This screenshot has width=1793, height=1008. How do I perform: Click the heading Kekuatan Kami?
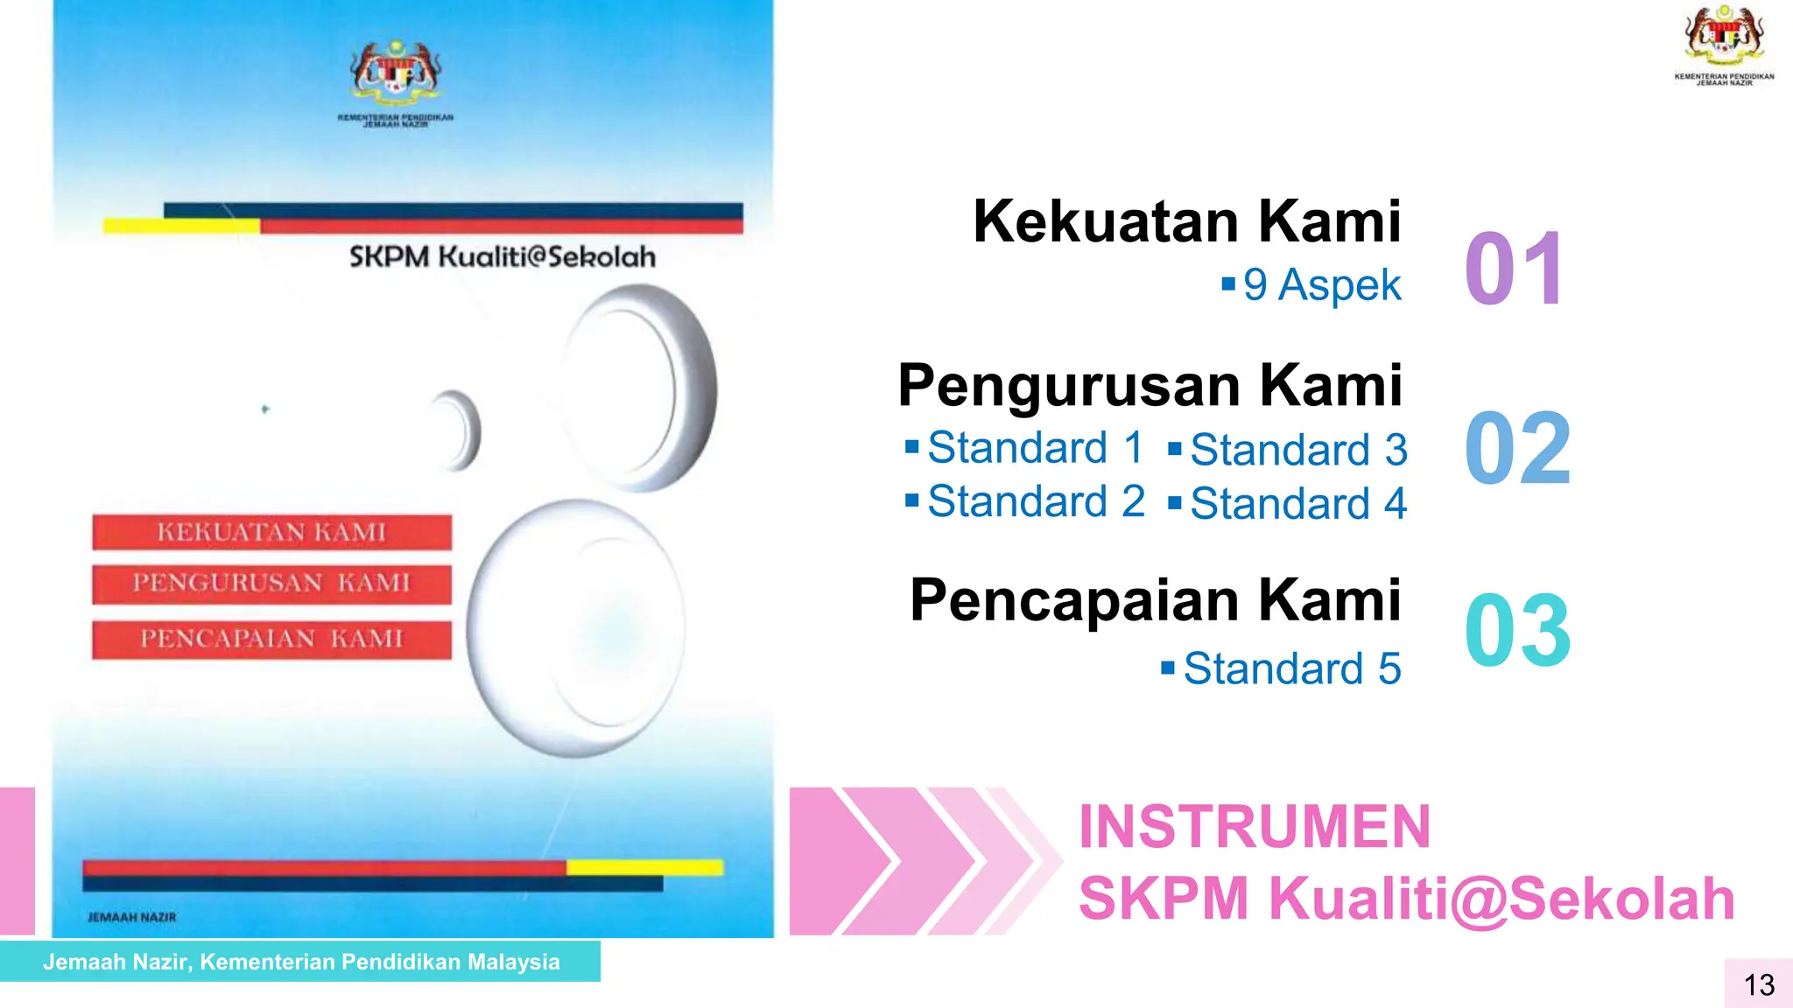pyautogui.click(x=1186, y=221)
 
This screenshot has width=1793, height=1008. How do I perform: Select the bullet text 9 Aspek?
pyautogui.click(x=1321, y=284)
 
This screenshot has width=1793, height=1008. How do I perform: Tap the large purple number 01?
pyautogui.click(x=1515, y=269)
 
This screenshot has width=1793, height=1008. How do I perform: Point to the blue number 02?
pyautogui.click(x=1517, y=449)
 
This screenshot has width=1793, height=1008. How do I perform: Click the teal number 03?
pyautogui.click(x=1517, y=630)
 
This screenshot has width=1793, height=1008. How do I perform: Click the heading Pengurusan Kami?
pyautogui.click(x=1150, y=385)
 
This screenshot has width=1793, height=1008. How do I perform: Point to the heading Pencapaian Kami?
pyautogui.click(x=1155, y=600)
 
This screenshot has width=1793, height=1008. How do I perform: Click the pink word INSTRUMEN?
pyautogui.click(x=1254, y=827)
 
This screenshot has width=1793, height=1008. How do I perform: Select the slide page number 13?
pyautogui.click(x=1759, y=985)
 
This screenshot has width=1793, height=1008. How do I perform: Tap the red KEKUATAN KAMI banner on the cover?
pyautogui.click(x=271, y=532)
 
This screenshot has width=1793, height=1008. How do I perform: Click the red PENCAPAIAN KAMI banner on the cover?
pyautogui.click(x=271, y=639)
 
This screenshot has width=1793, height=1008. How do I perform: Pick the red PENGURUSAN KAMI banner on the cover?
pyautogui.click(x=271, y=584)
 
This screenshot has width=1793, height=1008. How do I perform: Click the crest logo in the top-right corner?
pyautogui.click(x=1724, y=39)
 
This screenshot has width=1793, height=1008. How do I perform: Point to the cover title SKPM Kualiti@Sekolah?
pyautogui.click(x=502, y=257)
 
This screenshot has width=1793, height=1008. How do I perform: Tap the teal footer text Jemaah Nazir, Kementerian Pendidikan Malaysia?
pyautogui.click(x=301, y=962)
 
